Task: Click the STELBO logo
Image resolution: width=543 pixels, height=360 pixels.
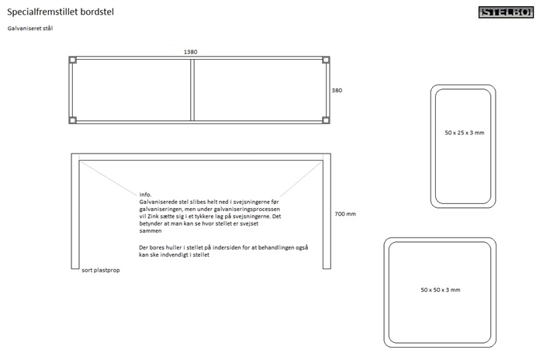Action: [506, 12]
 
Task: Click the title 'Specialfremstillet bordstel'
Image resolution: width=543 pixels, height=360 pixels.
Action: [61, 12]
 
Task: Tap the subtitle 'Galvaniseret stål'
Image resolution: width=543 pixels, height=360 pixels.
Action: [30, 29]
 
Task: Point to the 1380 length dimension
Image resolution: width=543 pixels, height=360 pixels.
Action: [191, 52]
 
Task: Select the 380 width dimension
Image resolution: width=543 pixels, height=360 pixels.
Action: [337, 91]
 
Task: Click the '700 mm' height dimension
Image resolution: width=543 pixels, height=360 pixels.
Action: [345, 214]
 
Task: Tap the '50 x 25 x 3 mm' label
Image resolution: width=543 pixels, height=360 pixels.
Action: [465, 133]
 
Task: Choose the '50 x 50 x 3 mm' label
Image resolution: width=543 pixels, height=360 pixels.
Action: [441, 290]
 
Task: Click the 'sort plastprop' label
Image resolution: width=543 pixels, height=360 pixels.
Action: [101, 270]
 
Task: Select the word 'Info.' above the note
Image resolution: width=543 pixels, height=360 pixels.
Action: [146, 195]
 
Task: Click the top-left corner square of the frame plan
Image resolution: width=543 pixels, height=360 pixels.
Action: [73, 60]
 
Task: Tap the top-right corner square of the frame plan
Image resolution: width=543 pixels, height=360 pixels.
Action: [326, 60]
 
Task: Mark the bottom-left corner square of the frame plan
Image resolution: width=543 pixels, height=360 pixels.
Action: [73, 120]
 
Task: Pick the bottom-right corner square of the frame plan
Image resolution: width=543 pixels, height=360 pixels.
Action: [326, 120]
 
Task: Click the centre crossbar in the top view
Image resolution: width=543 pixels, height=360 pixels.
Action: [192, 90]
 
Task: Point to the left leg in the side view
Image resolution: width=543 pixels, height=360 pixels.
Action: [75, 211]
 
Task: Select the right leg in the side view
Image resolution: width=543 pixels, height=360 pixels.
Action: [327, 211]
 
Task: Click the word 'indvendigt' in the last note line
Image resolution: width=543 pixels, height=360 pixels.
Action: [175, 255]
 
